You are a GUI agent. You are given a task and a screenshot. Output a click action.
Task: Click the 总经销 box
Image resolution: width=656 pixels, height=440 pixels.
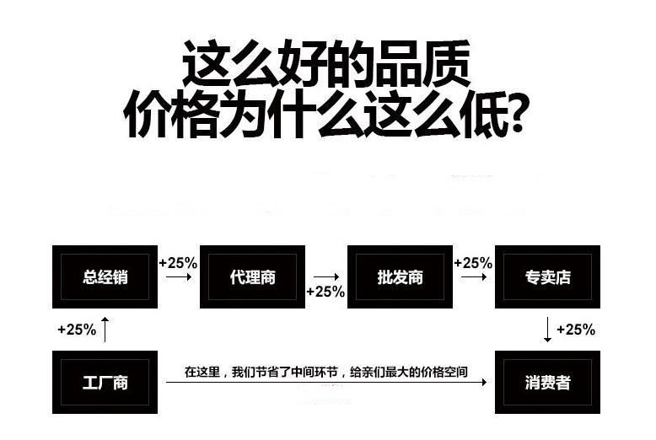click(x=105, y=276)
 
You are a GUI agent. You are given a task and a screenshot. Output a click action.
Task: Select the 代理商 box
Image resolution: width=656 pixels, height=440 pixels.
click(x=252, y=276)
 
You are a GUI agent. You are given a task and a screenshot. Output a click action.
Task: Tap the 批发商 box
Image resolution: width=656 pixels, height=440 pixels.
click(x=400, y=276)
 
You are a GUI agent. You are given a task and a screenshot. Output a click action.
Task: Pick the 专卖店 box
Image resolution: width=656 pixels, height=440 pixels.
click(x=547, y=276)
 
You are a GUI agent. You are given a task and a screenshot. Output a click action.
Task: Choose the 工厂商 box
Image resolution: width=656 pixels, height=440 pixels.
click(x=105, y=383)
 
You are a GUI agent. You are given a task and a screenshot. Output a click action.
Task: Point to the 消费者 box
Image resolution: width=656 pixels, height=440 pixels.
click(x=547, y=383)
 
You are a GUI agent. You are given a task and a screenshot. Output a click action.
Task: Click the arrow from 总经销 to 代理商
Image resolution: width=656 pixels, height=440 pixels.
click(x=178, y=276)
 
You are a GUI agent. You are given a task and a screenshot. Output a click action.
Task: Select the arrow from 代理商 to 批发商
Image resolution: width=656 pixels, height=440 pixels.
click(x=325, y=276)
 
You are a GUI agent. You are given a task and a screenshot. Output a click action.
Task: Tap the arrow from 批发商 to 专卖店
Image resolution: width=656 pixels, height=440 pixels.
click(x=473, y=276)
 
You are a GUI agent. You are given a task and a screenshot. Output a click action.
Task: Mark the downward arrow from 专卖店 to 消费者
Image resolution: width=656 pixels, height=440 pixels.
click(x=547, y=329)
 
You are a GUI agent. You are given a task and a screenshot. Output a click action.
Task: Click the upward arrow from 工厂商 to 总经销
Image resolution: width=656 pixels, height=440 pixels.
click(x=105, y=329)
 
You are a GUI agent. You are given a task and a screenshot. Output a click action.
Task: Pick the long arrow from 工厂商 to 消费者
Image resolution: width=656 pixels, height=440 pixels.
click(x=326, y=383)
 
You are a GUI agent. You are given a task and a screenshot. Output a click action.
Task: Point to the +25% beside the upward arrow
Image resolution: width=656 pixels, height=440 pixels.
click(x=77, y=330)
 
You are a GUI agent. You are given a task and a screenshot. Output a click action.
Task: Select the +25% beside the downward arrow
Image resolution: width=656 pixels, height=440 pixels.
click(x=576, y=330)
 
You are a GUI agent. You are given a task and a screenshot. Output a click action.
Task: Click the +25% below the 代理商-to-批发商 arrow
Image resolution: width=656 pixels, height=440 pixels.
click(x=325, y=292)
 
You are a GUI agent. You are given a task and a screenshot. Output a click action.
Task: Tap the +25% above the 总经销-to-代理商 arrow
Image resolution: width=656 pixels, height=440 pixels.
click(x=178, y=263)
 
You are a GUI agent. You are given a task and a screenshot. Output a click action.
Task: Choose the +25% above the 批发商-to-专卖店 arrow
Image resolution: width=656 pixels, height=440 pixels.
click(x=473, y=263)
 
